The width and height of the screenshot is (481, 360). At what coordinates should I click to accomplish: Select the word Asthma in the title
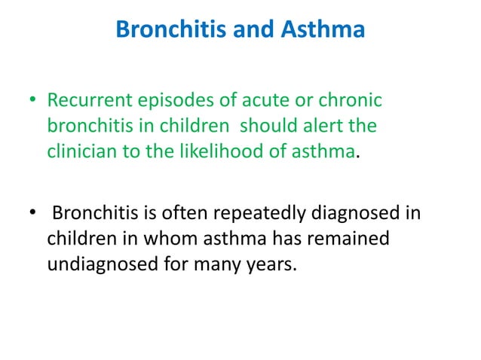click(325, 31)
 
